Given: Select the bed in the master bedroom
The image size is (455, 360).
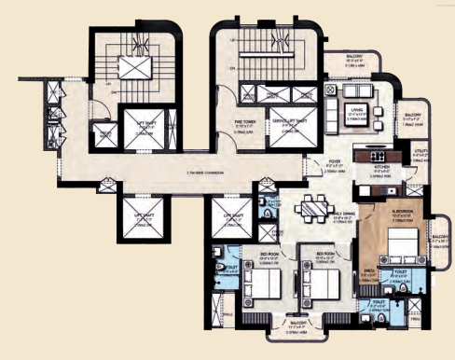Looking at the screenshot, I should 403,246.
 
